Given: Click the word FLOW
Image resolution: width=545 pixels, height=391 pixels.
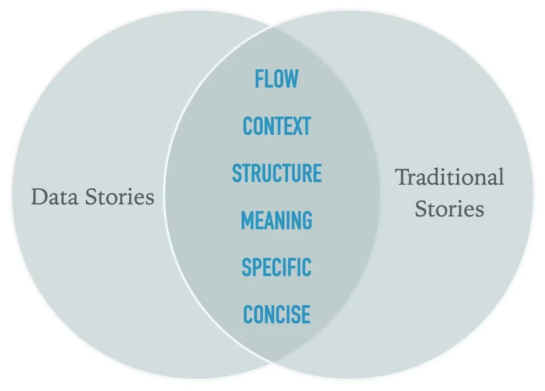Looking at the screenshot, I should (x=276, y=79).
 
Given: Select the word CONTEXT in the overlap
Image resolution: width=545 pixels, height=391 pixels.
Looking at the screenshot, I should (x=276, y=126).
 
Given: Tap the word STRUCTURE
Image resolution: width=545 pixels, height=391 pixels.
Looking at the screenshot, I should (x=276, y=173).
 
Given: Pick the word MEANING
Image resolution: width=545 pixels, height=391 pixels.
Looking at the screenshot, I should (x=276, y=220).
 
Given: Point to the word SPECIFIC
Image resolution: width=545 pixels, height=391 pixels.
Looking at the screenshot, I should (x=276, y=267).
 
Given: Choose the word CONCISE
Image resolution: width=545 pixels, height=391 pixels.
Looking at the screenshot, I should (x=276, y=315).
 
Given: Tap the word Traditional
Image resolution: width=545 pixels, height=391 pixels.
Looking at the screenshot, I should (x=449, y=177).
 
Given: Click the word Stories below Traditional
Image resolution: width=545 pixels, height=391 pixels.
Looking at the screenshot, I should (x=449, y=209).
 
